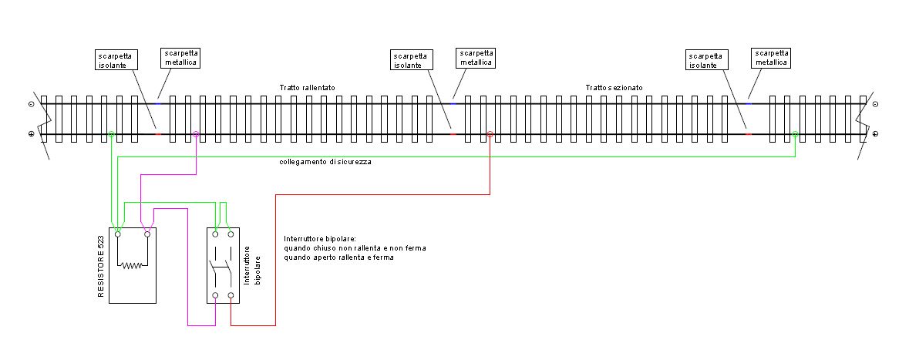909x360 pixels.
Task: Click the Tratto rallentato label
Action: click(307, 88)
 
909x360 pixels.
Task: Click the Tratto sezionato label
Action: click(614, 88)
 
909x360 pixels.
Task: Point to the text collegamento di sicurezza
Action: click(325, 162)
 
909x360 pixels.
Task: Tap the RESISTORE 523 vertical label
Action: click(101, 265)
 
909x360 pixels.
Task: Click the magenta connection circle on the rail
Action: click(197, 135)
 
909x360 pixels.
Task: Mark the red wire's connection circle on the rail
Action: click(490, 135)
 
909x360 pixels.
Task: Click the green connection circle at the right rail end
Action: click(795, 135)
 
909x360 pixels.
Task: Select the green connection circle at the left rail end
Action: click(112, 135)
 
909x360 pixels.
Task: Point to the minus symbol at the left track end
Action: click(31, 103)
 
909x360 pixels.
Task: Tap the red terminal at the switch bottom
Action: click(231, 295)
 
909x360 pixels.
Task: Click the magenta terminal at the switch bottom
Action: click(216, 295)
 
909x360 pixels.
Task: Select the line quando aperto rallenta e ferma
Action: click(338, 258)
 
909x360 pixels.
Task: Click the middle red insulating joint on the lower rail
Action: click(453, 134)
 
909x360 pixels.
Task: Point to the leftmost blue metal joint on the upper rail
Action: click(158, 103)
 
